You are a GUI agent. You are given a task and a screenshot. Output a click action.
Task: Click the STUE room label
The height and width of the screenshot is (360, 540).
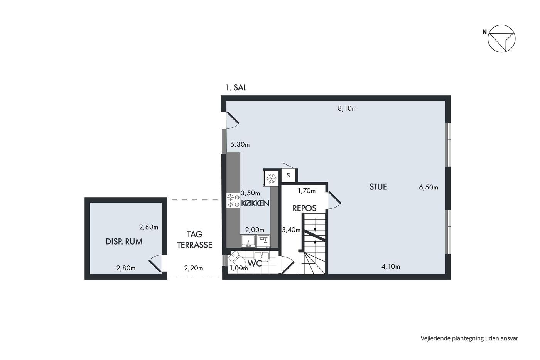pos(378,187)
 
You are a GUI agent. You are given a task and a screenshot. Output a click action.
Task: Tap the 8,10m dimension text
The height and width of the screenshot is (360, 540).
pos(347,108)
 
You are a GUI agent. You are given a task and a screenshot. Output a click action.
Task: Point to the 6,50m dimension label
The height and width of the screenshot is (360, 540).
pos(429,188)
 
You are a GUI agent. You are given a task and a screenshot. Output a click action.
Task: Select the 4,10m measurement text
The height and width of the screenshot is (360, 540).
pos(390,267)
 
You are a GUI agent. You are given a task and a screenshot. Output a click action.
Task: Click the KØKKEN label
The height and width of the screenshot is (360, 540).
pos(255,203)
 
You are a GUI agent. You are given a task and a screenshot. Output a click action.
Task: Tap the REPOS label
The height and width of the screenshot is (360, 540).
pos(304,208)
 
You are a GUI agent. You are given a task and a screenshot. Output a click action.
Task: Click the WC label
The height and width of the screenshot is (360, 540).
pos(255,264)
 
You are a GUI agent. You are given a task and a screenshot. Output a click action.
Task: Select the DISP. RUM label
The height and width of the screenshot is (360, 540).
pos(124,242)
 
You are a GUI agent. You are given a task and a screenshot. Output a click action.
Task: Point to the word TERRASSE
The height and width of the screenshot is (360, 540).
pos(194,245)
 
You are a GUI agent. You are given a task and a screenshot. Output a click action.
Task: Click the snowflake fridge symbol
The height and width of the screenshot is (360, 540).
pos(272,179)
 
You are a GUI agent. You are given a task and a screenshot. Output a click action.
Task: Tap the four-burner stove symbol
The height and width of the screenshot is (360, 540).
pos(233,201)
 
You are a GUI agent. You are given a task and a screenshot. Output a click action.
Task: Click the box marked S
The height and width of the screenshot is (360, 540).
pos(289,175)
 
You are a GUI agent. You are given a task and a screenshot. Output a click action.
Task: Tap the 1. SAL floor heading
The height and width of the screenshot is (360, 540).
pos(236,87)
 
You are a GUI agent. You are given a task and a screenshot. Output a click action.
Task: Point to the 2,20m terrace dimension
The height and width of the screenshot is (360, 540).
pos(193,268)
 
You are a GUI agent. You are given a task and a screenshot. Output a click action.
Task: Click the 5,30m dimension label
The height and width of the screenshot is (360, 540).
pos(240,144)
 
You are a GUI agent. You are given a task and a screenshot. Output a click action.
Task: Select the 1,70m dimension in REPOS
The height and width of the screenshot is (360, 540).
pos(307,191)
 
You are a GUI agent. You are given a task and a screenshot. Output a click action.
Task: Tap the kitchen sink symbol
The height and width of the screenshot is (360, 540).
pos(248,241)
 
